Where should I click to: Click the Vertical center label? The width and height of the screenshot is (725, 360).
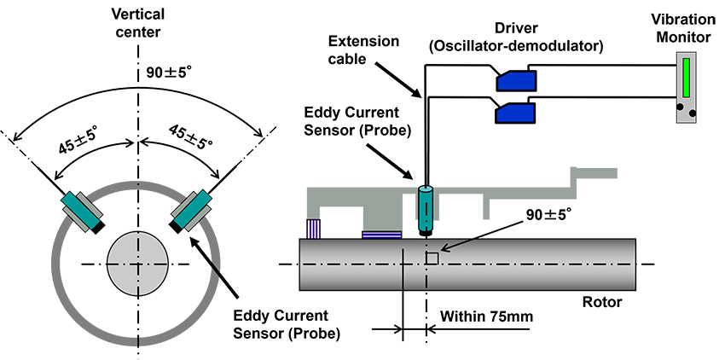pos(136,24)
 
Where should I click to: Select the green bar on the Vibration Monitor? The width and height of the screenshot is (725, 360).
pos(687,78)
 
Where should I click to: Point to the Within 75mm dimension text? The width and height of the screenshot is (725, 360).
pos(486,316)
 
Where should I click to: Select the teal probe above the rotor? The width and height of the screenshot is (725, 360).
pos(425,206)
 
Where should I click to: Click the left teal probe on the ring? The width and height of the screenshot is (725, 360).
pos(81,209)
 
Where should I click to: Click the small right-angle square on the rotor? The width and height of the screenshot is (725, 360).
pos(432,258)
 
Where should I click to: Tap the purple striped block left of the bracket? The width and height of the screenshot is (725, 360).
pos(314,228)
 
